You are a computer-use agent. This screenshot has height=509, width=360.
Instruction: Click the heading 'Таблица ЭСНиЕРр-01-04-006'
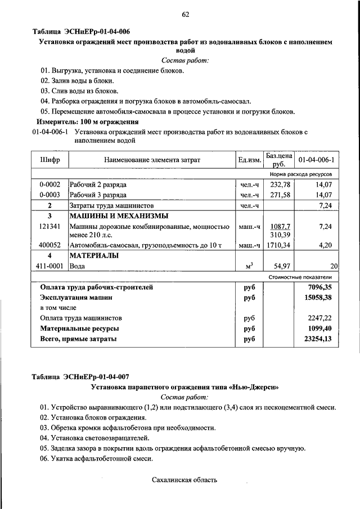coord(84,31)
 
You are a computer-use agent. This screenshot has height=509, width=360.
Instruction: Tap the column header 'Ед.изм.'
coord(249,161)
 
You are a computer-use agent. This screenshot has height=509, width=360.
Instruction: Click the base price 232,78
coord(279,184)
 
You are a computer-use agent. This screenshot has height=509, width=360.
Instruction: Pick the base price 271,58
coord(279,195)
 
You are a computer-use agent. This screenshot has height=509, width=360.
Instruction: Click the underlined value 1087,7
coord(280,226)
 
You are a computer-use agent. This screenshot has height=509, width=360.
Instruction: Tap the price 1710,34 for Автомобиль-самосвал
coord(279,246)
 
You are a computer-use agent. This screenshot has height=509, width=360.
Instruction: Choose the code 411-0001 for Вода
coord(49,266)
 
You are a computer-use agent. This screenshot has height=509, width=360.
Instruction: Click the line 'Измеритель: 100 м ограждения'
coord(87,121)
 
